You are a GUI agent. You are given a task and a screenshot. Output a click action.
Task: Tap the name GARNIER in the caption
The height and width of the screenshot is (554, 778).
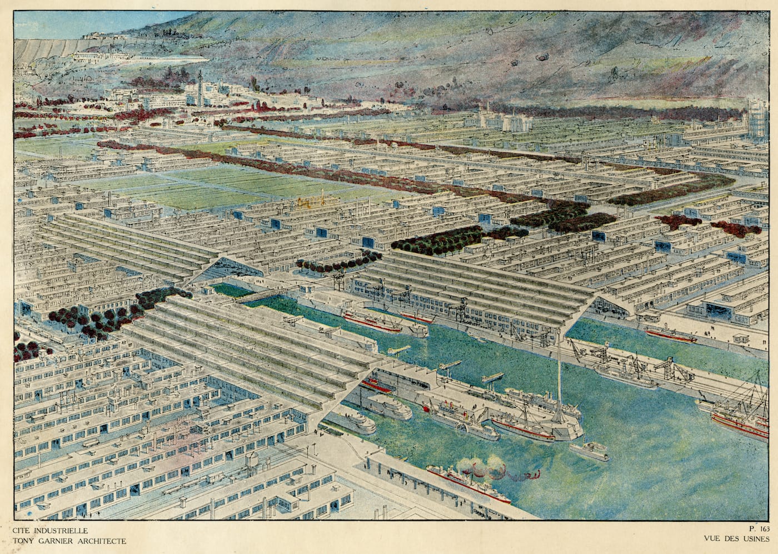click(x=52, y=541)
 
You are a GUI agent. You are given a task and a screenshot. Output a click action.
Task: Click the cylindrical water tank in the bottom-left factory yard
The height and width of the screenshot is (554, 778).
click(x=253, y=459)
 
